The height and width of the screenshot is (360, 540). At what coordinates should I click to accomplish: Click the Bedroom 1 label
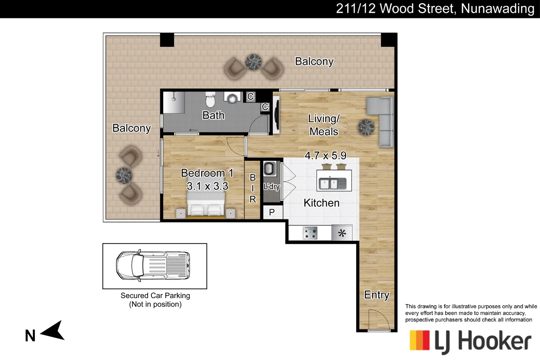pos(207,173)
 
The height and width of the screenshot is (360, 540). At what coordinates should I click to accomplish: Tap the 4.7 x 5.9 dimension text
pos(325,155)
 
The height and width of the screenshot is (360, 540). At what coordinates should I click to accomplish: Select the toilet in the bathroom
pos(210,99)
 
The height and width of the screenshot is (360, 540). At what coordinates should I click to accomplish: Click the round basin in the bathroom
pos(232,98)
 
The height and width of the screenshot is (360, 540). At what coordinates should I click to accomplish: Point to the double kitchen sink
pos(332,183)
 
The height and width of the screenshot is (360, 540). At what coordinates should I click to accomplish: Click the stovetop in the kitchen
pos(310,233)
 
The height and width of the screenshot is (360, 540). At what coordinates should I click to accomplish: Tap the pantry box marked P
pos(272,212)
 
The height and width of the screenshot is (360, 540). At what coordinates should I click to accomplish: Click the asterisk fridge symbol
pos(342,233)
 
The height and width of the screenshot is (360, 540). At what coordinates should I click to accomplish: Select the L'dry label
pos(272,187)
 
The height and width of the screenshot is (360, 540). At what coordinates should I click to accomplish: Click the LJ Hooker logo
pos(470,341)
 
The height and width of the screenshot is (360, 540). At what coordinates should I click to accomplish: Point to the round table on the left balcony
pos(124,175)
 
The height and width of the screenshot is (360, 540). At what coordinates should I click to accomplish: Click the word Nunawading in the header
pos(497,8)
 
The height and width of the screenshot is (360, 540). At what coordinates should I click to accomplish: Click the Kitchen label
pos(321,203)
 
